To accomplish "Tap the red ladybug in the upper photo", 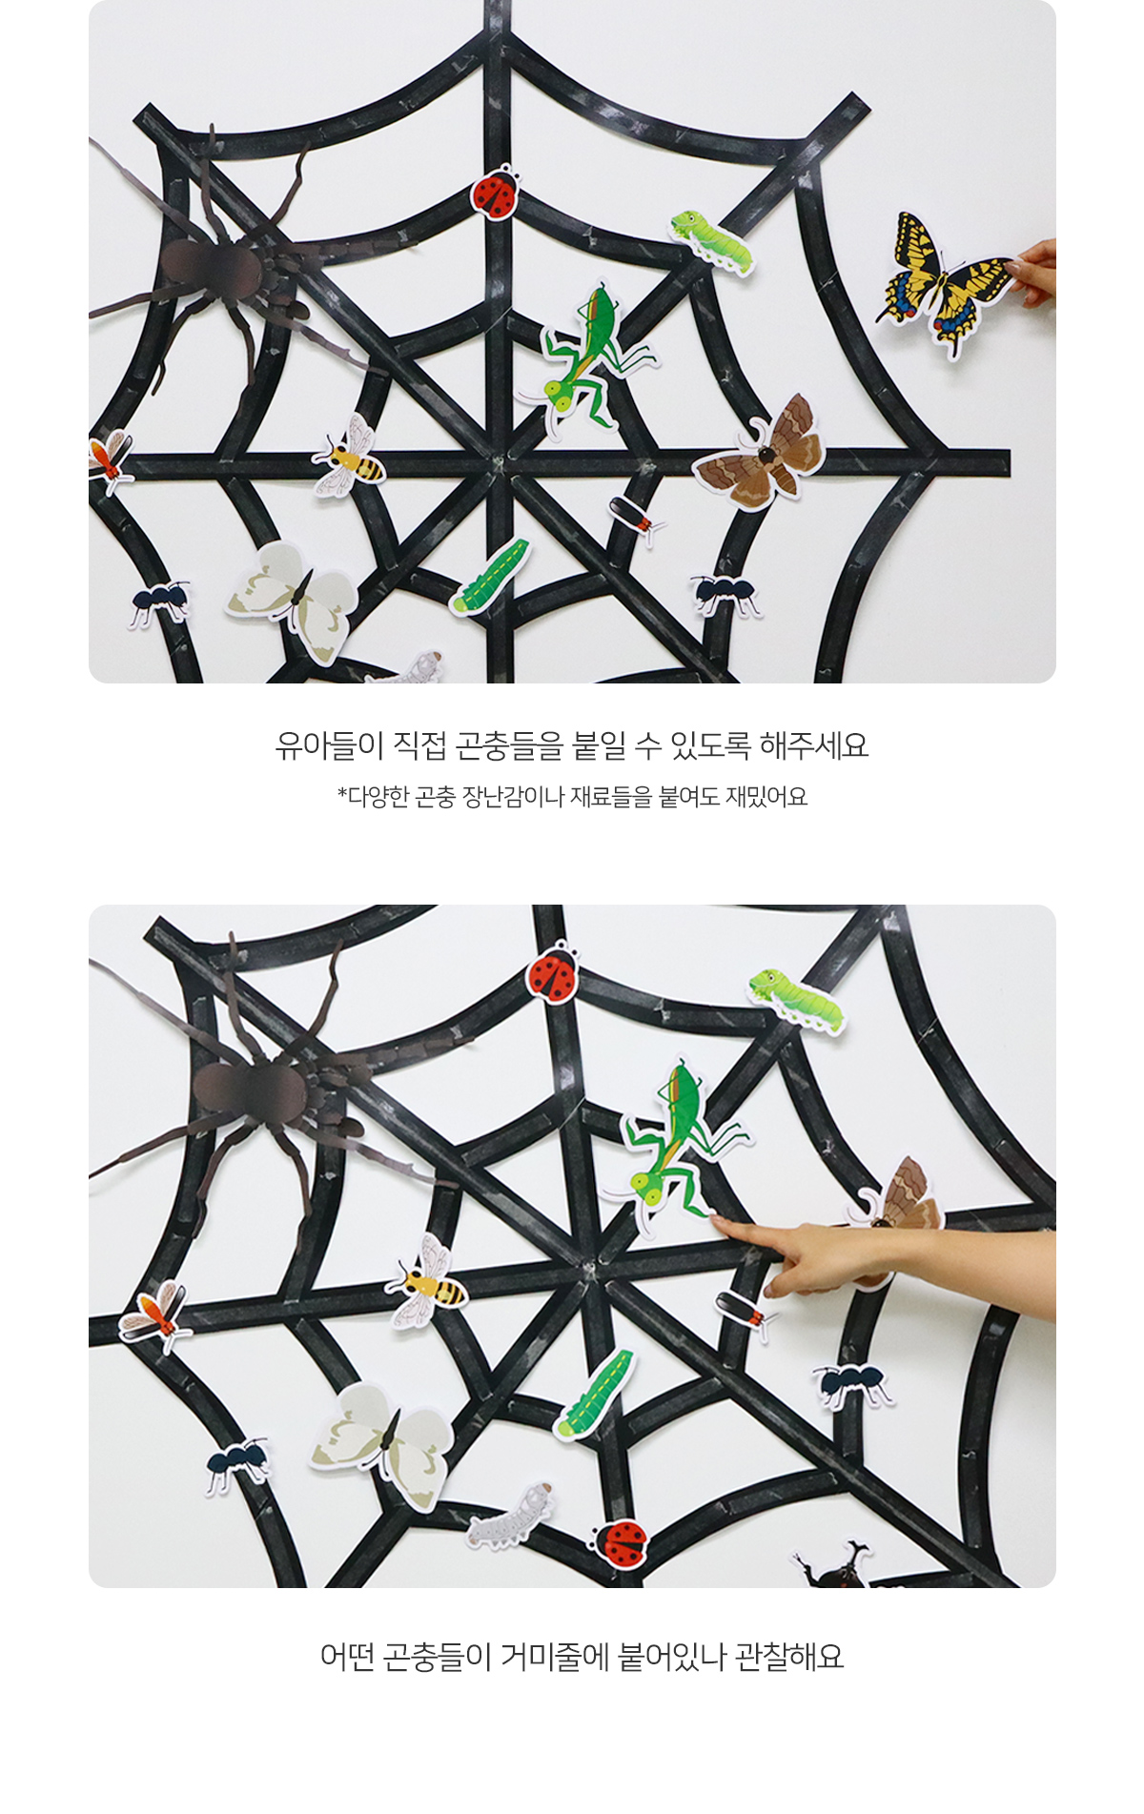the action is click(x=495, y=193).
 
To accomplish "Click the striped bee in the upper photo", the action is click(x=350, y=458).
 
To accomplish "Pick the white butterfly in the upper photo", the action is click(x=294, y=599).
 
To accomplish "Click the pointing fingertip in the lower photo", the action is click(x=716, y=1220).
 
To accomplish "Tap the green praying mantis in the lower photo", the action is click(x=677, y=1143).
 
